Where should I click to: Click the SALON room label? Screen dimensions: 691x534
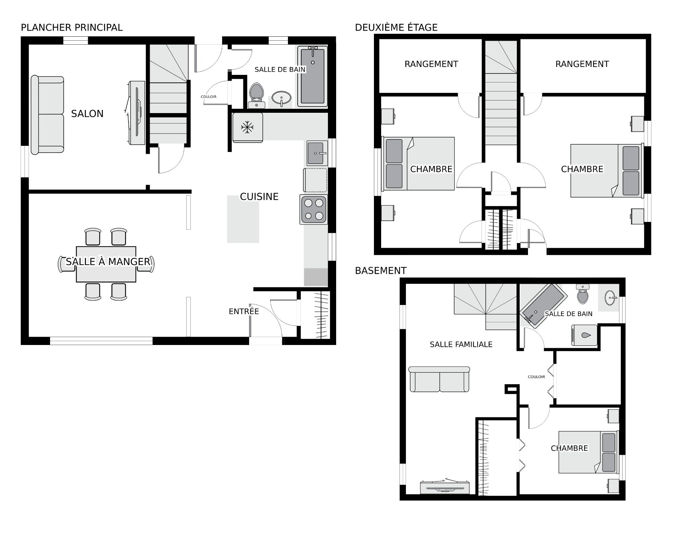click(x=87, y=114)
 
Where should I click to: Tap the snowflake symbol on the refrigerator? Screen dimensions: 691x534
click(x=247, y=127)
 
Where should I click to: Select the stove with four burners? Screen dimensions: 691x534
click(x=313, y=210)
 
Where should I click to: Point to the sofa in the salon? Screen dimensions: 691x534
click(x=48, y=115)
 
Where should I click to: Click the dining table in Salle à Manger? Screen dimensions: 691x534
click(x=106, y=264)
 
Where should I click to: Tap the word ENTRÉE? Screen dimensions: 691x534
click(x=244, y=311)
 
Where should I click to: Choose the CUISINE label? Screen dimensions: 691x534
click(x=259, y=197)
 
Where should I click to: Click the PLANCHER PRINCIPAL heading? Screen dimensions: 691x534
click(x=72, y=27)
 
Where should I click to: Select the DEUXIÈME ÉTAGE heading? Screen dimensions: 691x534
click(x=396, y=27)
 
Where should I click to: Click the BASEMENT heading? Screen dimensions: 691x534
click(x=381, y=271)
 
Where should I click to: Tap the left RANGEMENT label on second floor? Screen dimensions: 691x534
click(x=431, y=64)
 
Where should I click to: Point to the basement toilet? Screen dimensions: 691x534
click(x=582, y=294)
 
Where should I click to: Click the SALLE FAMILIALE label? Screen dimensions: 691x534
click(x=461, y=345)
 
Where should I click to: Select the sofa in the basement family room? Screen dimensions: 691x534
click(x=439, y=380)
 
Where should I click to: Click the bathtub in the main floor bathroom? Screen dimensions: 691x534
click(x=313, y=76)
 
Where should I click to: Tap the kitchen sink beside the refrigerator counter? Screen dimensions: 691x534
click(x=317, y=153)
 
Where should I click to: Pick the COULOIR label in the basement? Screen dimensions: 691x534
click(x=536, y=377)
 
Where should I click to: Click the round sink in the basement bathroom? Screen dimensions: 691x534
click(x=611, y=298)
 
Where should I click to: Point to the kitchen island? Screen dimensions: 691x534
click(x=243, y=219)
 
